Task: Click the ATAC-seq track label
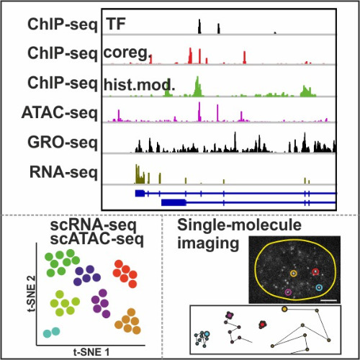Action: (60, 113)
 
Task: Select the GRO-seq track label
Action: (63, 143)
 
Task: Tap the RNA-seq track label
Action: (63, 173)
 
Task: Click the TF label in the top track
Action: (116, 24)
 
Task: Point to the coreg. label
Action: (127, 53)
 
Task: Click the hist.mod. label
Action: (139, 84)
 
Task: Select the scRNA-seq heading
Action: (94, 225)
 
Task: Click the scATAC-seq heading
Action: (97, 239)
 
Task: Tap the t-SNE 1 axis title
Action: (91, 352)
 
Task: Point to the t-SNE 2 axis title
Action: (32, 293)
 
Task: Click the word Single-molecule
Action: (239, 225)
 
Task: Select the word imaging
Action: (208, 243)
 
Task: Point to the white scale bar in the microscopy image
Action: (328, 300)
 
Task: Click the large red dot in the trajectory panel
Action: (262, 325)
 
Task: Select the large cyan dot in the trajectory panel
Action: (207, 334)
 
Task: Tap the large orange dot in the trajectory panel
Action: (284, 309)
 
